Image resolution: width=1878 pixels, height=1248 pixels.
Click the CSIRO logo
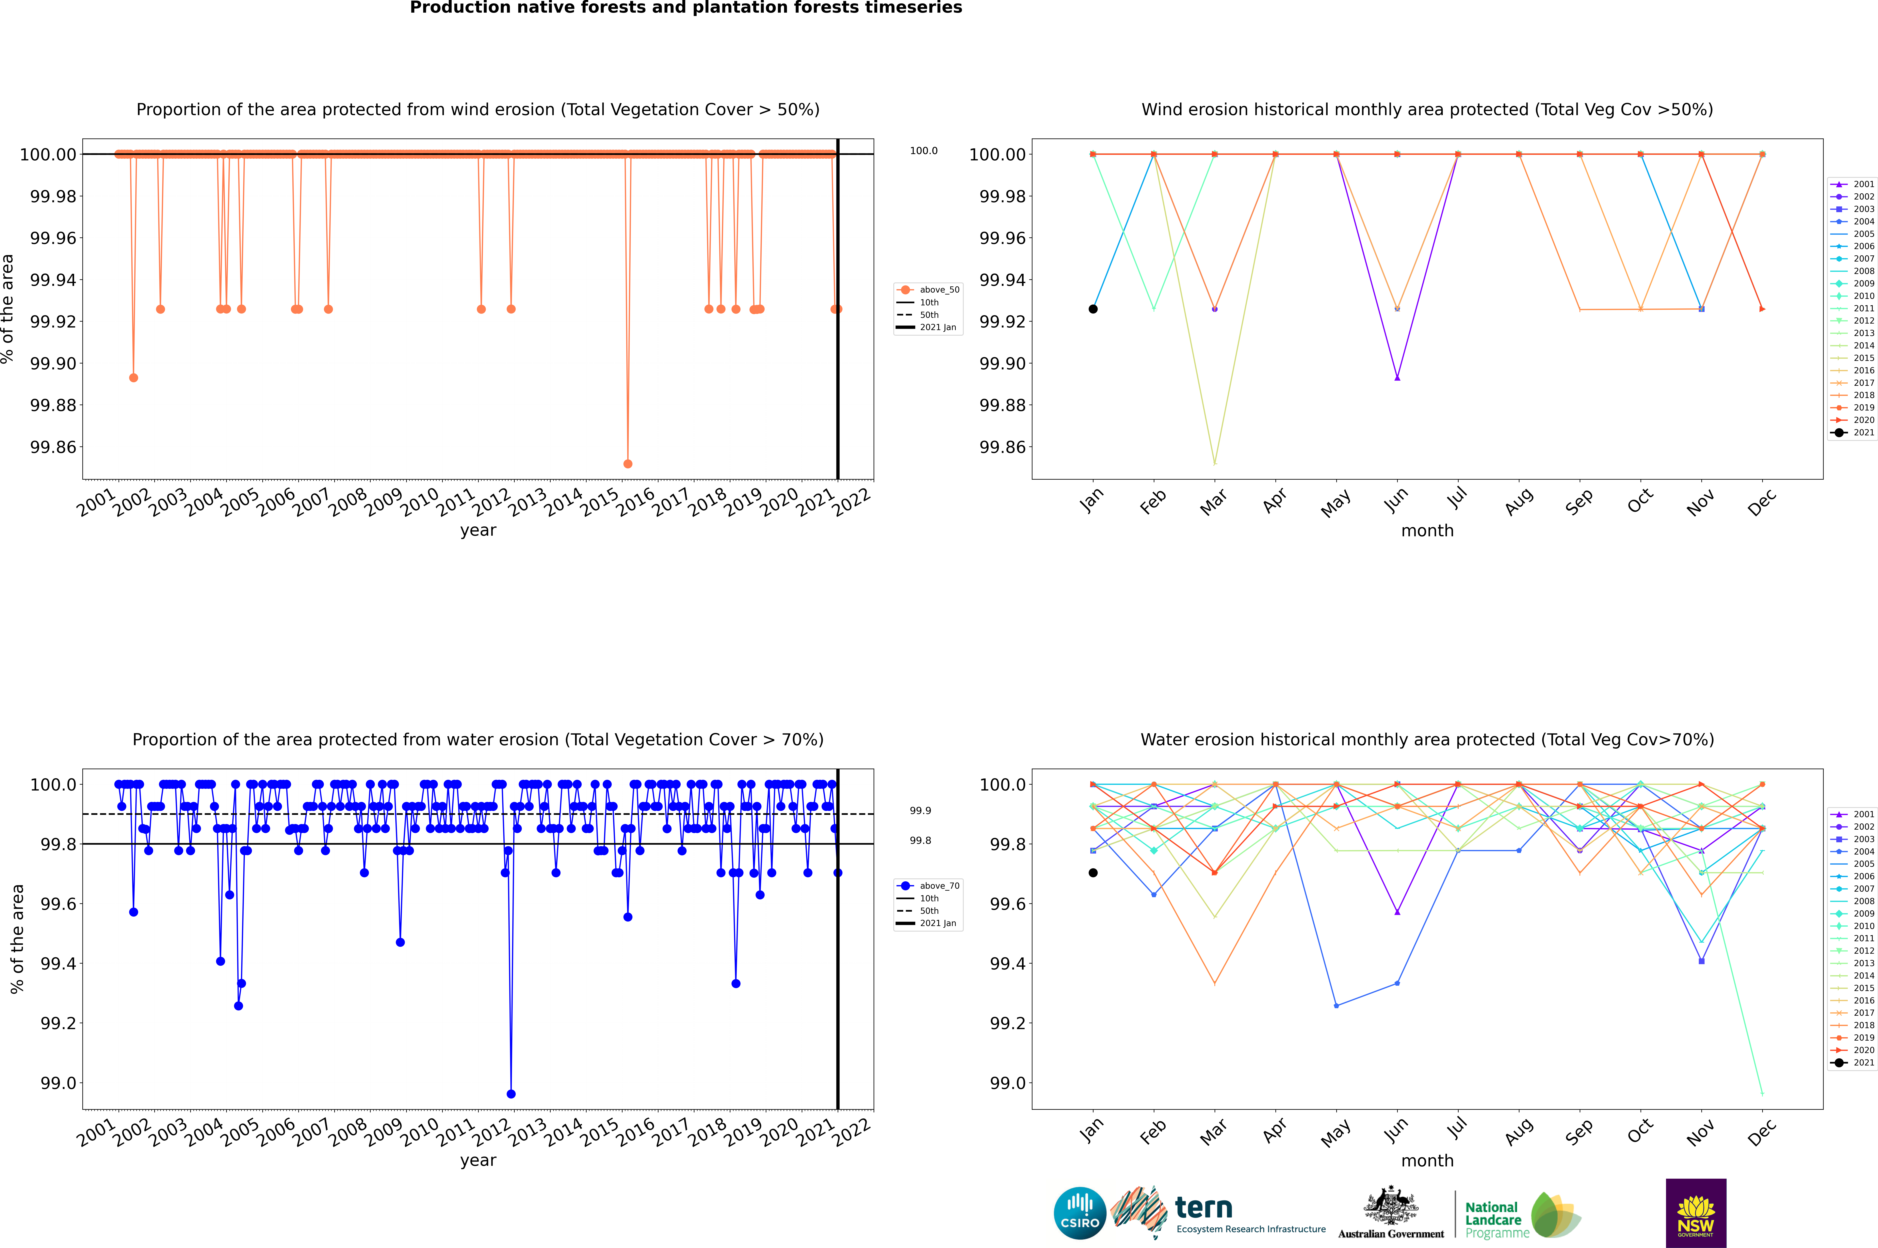click(x=1079, y=1213)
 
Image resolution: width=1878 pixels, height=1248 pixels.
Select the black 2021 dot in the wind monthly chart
click(x=1093, y=309)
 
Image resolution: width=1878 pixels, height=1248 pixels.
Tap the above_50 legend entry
click(x=928, y=290)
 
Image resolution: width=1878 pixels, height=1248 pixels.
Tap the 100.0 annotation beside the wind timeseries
click(x=923, y=151)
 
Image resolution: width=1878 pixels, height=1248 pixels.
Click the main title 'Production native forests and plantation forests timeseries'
click(x=686, y=8)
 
